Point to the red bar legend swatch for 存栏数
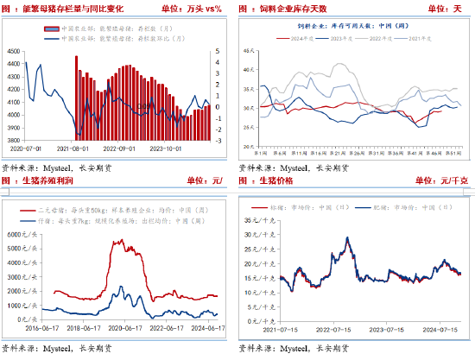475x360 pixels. tap(51, 28)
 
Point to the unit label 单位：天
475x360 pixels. tap(441, 8)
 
